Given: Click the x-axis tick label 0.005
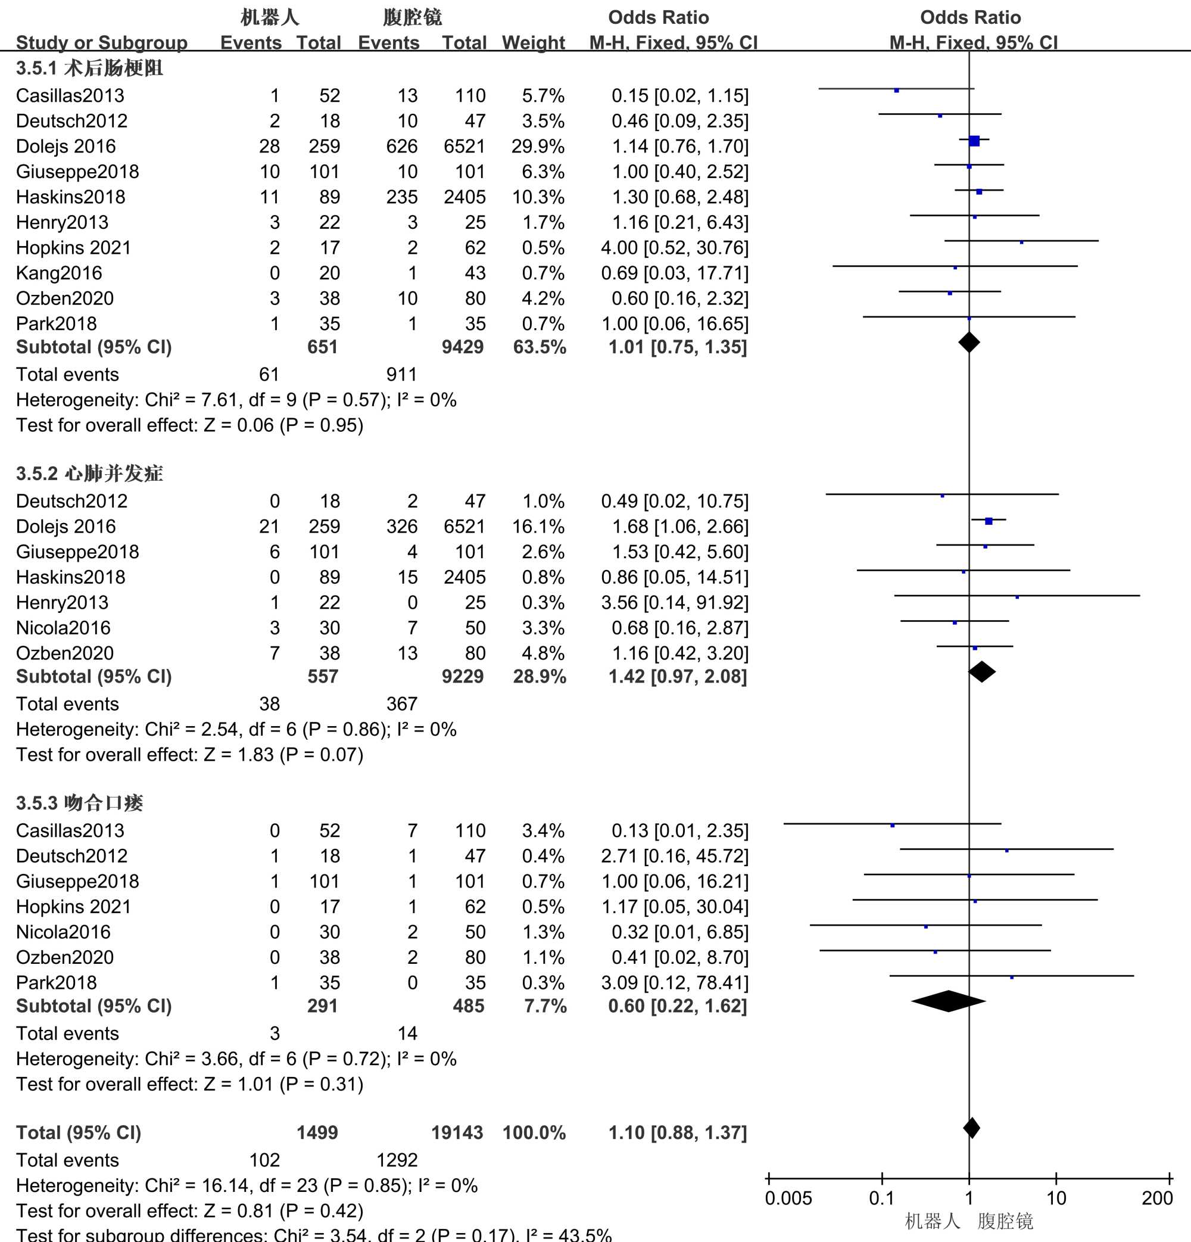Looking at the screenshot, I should tap(788, 1199).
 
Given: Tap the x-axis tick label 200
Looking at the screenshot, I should tap(1157, 1199).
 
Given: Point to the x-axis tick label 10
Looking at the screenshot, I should tap(1056, 1199).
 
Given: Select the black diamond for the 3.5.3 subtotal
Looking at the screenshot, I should tap(949, 1001).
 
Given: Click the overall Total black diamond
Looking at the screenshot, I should tap(971, 1128).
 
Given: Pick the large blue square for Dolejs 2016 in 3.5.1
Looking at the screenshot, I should tap(974, 141).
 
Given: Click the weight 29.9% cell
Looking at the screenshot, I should tap(538, 147).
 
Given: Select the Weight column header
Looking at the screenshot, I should tap(533, 42).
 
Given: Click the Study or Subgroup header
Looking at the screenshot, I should tap(101, 42).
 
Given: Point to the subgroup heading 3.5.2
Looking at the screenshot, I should tap(89, 474).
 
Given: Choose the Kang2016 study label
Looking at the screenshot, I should tap(59, 273).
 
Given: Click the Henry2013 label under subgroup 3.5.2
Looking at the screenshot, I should tap(62, 603).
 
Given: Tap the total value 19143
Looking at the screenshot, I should tap(457, 1132).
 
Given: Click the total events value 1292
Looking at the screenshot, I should tap(397, 1160).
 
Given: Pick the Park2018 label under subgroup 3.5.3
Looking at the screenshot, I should tap(57, 983).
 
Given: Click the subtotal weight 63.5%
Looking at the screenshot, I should tap(539, 347).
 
